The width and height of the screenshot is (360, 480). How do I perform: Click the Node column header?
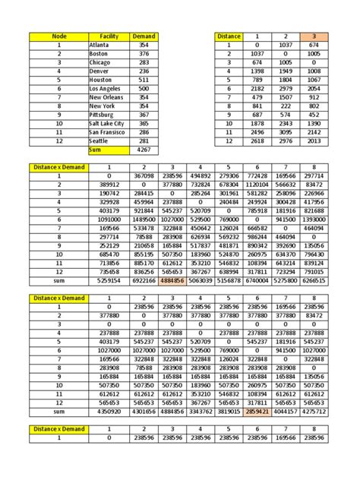[58, 36]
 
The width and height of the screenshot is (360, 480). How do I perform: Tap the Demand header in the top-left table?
[144, 36]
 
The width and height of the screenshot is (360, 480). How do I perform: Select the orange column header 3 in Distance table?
[313, 36]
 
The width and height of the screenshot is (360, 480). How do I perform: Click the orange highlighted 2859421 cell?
[255, 411]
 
